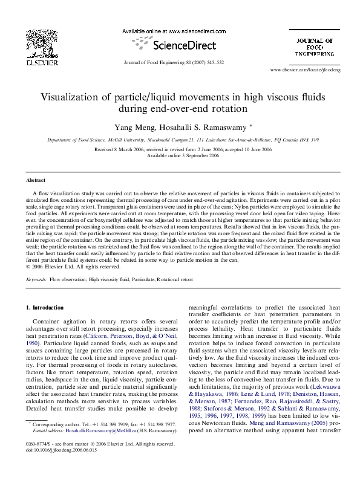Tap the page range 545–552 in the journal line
pos(214,62)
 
